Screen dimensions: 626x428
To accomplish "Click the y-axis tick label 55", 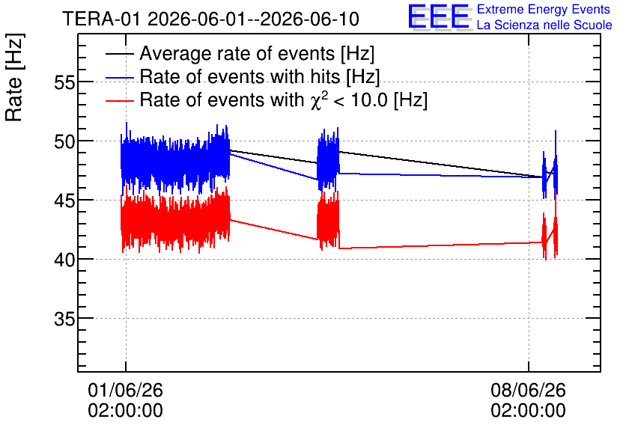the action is point(64,83).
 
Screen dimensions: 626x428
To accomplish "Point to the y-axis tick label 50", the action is point(64,142).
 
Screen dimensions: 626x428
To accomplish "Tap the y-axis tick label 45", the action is point(64,201).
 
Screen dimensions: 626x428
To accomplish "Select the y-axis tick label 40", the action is point(64,260).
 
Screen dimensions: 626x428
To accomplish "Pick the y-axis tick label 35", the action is point(64,319).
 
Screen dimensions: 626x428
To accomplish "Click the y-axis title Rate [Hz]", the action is point(14,77).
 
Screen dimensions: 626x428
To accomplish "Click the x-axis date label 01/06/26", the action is point(125,390).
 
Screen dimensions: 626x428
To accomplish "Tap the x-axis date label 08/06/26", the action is point(528,390).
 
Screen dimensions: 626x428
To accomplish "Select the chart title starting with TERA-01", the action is point(211,19).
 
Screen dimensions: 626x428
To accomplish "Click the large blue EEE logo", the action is point(439,16).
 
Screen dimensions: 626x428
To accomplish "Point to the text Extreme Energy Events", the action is point(544,9).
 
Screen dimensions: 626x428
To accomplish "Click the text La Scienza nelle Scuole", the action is point(544,25).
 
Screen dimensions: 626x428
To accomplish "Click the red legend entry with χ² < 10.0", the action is point(284,100).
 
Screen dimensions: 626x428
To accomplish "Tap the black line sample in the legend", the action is point(119,54).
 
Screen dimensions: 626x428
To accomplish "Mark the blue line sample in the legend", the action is point(119,77).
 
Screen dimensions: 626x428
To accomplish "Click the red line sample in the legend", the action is point(119,100).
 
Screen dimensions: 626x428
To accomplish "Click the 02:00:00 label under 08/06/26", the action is point(528,411).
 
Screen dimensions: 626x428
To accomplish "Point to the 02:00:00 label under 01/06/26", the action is point(125,411).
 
